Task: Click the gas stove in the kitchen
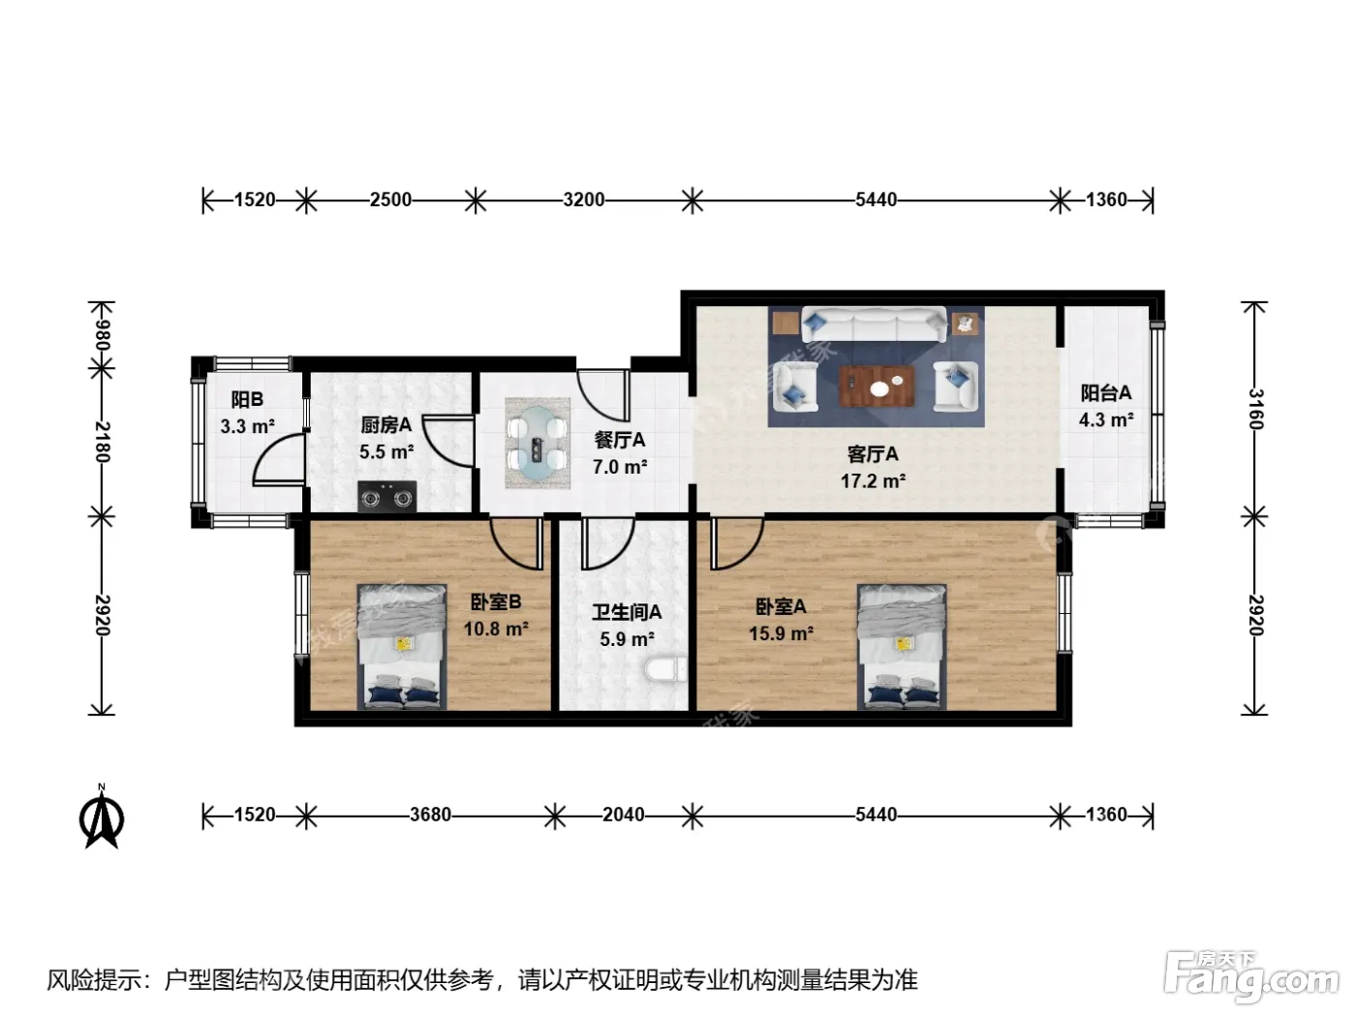click(x=386, y=497)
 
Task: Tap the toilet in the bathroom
click(x=665, y=669)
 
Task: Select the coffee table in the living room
click(x=877, y=385)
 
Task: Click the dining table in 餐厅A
click(x=537, y=443)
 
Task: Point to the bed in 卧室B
click(x=402, y=646)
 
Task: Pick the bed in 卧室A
click(x=902, y=646)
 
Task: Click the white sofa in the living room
click(x=874, y=324)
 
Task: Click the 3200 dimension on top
click(x=584, y=200)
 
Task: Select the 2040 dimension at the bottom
click(x=624, y=816)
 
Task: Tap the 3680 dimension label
click(x=431, y=816)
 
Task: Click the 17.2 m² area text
click(x=873, y=481)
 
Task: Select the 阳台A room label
click(x=1106, y=392)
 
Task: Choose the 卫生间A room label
click(x=627, y=612)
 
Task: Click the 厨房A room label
click(x=386, y=425)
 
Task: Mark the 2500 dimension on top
click(x=390, y=200)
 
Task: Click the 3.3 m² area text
click(x=247, y=426)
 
